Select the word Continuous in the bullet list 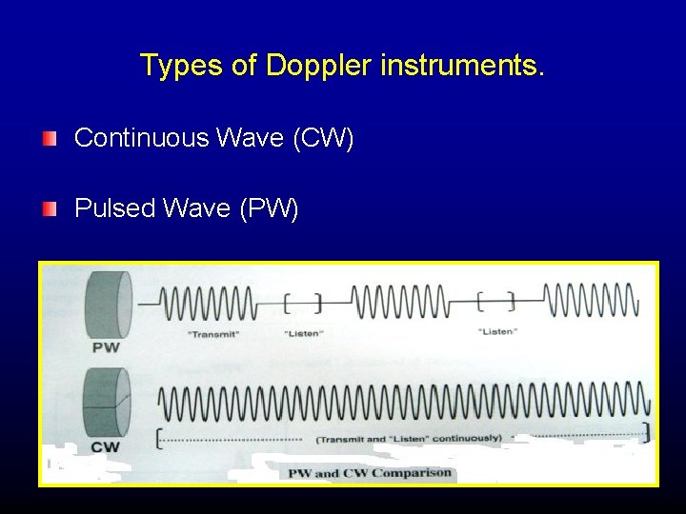pos(141,139)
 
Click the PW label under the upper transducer pos(105,347)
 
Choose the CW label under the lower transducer pos(105,446)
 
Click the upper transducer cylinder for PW pos(109,304)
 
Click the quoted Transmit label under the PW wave pos(212,334)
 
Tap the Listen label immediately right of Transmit pos(304,333)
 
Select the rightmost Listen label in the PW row pos(497,331)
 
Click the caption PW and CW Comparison pos(370,473)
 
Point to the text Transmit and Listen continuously pos(409,438)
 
